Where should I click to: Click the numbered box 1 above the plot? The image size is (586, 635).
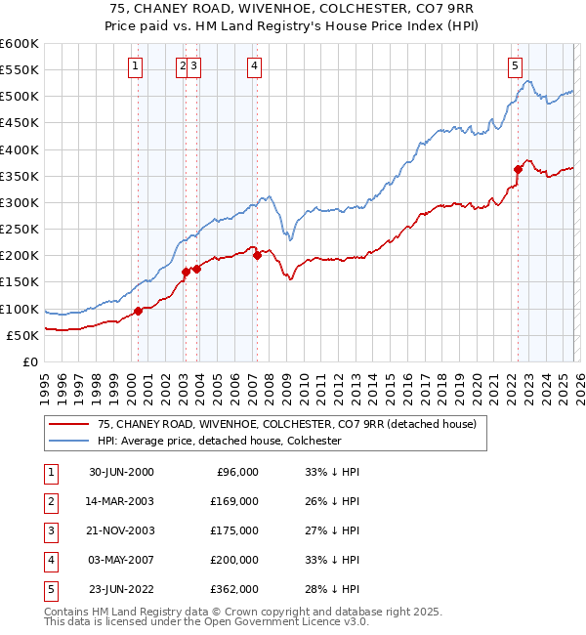tap(135, 66)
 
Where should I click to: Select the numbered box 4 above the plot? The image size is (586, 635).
tap(254, 66)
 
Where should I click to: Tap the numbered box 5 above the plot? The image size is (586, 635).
tap(515, 66)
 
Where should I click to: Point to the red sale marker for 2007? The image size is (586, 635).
tap(257, 256)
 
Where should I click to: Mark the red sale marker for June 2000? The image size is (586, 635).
tap(138, 311)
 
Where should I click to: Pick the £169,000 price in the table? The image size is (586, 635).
tap(234, 501)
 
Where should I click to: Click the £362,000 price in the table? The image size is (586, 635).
tap(234, 589)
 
